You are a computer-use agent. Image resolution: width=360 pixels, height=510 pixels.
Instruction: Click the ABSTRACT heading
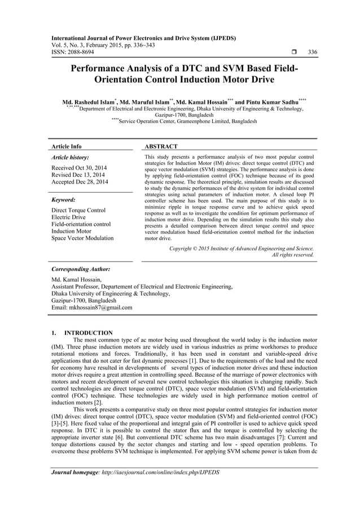pos(161,146)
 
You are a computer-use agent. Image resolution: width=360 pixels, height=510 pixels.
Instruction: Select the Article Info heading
pos(66,146)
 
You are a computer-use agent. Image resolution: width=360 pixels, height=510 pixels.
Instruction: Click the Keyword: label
pos(63,200)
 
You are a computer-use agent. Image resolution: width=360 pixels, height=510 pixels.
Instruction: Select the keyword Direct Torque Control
pos(78,210)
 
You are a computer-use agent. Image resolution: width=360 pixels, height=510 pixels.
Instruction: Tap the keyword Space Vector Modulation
pos(82,238)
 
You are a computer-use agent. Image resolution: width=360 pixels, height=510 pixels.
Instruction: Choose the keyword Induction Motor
pos(71,231)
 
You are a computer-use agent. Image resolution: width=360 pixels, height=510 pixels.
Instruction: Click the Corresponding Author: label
pos(80,269)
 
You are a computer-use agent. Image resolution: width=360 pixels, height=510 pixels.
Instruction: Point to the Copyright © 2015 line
pos(242,248)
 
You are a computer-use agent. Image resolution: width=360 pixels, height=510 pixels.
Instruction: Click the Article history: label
pos(69,158)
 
